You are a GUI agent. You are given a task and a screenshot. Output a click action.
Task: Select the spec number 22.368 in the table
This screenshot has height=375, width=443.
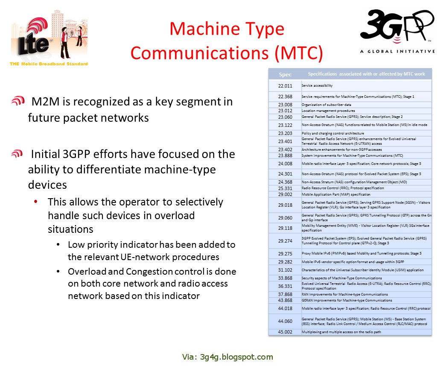tap(285, 97)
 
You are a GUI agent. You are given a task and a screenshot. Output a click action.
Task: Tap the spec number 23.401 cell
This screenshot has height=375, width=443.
tap(285, 141)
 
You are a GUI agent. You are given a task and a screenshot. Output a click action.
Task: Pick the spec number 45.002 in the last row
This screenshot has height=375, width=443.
tap(285, 332)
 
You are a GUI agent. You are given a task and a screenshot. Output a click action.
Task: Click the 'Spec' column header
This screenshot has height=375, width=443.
tap(285, 74)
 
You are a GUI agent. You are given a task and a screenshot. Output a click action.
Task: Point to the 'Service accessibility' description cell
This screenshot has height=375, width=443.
tap(317, 85)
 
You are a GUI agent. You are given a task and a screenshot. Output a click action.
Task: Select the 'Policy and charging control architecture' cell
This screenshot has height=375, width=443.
tap(333, 133)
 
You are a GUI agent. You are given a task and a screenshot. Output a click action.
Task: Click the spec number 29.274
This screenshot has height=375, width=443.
tap(285, 241)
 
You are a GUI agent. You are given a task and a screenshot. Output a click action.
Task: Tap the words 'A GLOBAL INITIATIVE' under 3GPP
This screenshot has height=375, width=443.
tap(397, 51)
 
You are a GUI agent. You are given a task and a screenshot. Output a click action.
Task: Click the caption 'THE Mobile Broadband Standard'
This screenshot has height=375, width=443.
tap(49, 64)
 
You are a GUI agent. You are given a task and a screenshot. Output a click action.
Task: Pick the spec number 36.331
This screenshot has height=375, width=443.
tap(285, 286)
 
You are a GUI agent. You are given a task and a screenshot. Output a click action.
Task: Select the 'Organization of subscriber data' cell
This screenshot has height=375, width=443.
tap(326, 105)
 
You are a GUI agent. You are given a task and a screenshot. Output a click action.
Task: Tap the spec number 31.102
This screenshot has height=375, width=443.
tap(285, 270)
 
